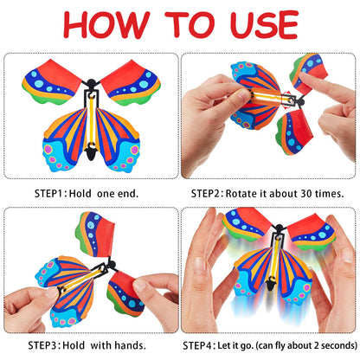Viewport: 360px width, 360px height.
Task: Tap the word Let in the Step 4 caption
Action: [x=235, y=344]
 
